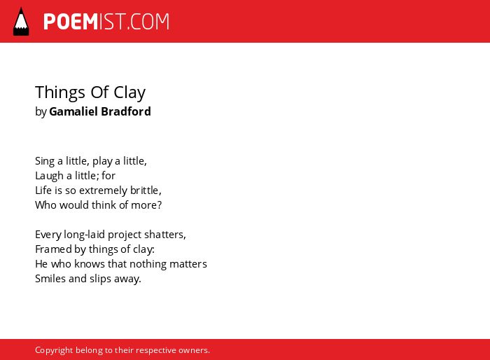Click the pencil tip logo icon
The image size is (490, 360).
click(21, 22)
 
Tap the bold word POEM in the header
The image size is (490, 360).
click(71, 22)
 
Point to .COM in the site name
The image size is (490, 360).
click(148, 22)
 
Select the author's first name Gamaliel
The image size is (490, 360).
click(73, 111)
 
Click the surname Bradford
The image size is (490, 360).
click(126, 111)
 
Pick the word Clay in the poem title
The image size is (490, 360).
click(129, 93)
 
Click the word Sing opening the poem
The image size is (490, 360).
click(45, 162)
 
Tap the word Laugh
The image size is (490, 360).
click(50, 176)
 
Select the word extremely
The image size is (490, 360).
click(103, 191)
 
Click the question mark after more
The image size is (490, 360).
click(160, 205)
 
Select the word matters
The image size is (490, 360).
click(188, 264)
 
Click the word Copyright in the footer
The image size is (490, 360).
click(54, 350)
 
